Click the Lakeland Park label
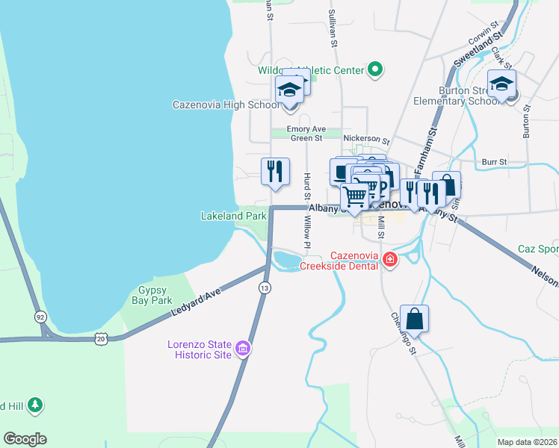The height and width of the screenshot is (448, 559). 233,216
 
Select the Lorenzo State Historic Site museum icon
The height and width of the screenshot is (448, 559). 242,348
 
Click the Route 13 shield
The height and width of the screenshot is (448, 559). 264,287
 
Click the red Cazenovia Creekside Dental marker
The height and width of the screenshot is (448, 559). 389,259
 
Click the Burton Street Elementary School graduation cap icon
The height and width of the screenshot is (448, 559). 501,84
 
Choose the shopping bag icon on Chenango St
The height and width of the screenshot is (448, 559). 414,318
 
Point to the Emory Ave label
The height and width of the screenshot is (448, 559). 308,128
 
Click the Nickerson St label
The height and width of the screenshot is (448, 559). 366,140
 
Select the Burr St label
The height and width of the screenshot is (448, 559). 494,161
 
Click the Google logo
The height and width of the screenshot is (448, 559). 25,438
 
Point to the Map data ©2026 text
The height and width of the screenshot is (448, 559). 526,442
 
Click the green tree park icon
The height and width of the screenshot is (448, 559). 34,405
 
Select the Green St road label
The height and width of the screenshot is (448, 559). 306,138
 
